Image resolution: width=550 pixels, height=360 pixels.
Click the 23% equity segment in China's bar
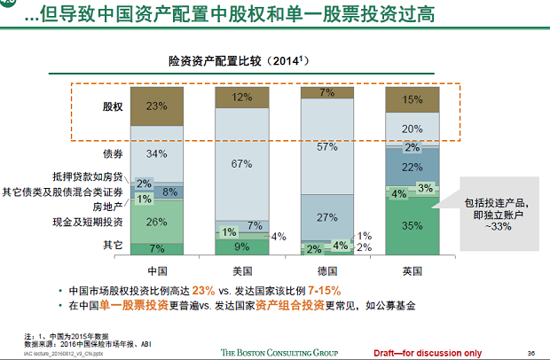click(x=157, y=106)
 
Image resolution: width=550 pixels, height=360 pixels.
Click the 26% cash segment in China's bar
click(x=157, y=222)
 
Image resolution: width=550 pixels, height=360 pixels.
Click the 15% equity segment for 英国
click(x=412, y=100)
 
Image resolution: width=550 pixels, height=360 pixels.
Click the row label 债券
click(x=113, y=153)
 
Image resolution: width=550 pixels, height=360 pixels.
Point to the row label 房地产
click(x=106, y=206)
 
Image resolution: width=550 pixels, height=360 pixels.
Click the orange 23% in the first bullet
click(x=204, y=291)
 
